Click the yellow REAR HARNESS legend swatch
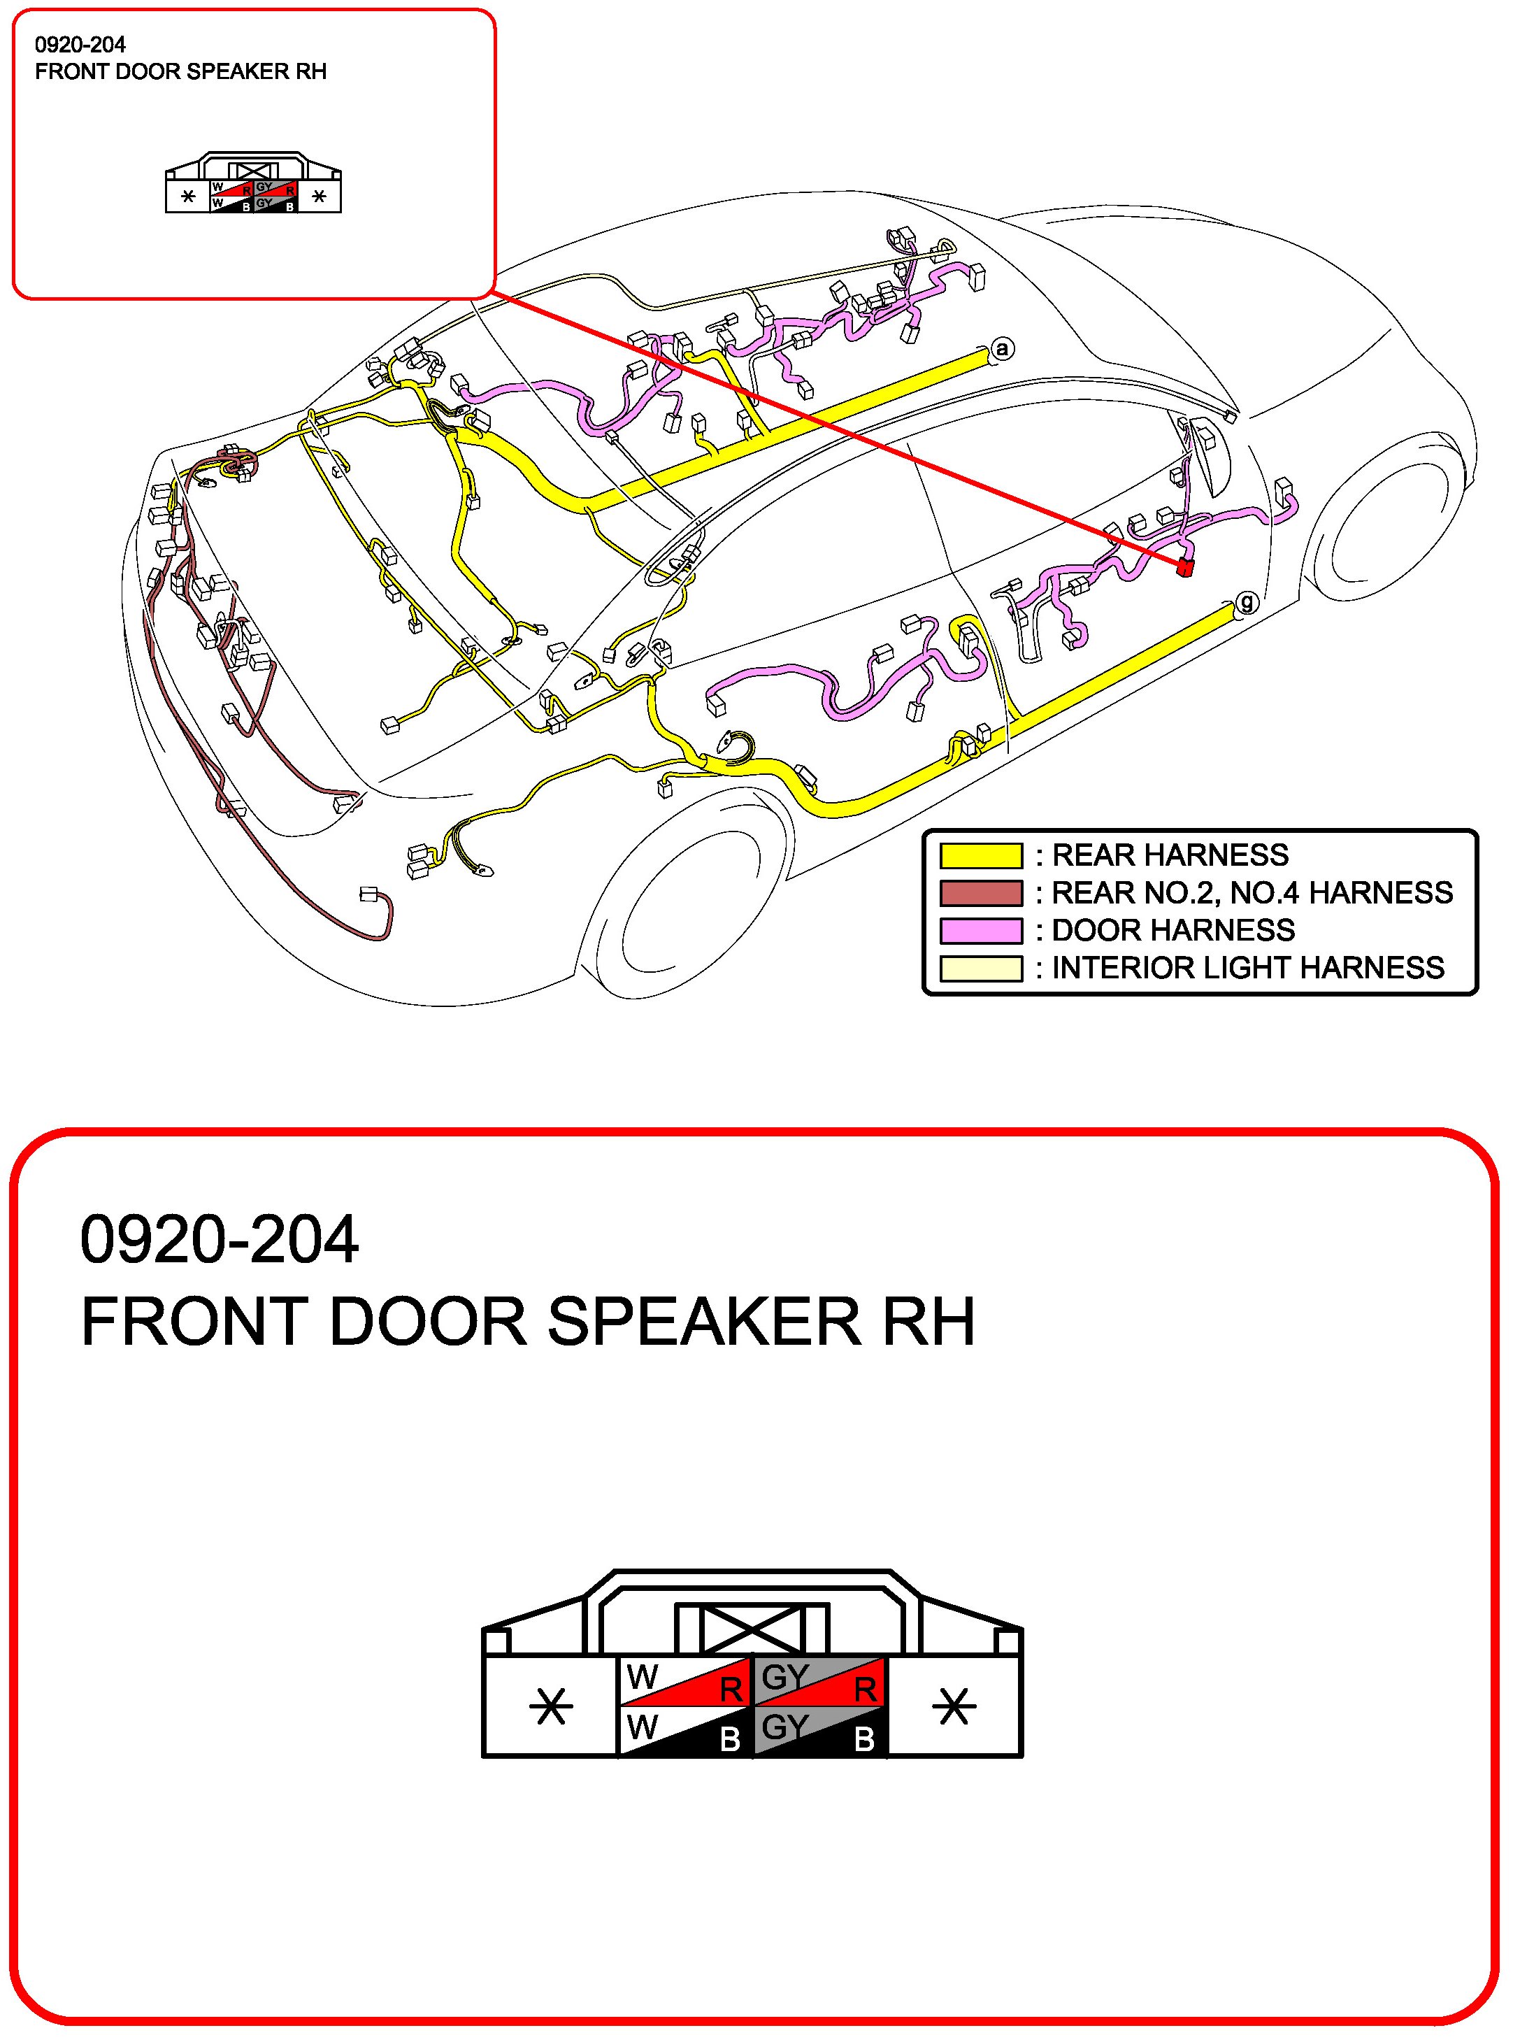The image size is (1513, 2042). [x=981, y=855]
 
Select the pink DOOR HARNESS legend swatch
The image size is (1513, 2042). [x=981, y=930]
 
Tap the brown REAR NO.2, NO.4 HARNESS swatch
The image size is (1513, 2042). [x=981, y=892]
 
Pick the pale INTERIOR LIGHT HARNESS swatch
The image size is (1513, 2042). [x=981, y=967]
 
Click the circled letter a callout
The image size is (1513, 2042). [x=1003, y=349]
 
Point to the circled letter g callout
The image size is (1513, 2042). [x=1246, y=603]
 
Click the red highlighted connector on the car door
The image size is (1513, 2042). [x=1186, y=568]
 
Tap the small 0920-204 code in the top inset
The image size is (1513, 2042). [x=80, y=45]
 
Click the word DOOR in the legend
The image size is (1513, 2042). [x=1093, y=930]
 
